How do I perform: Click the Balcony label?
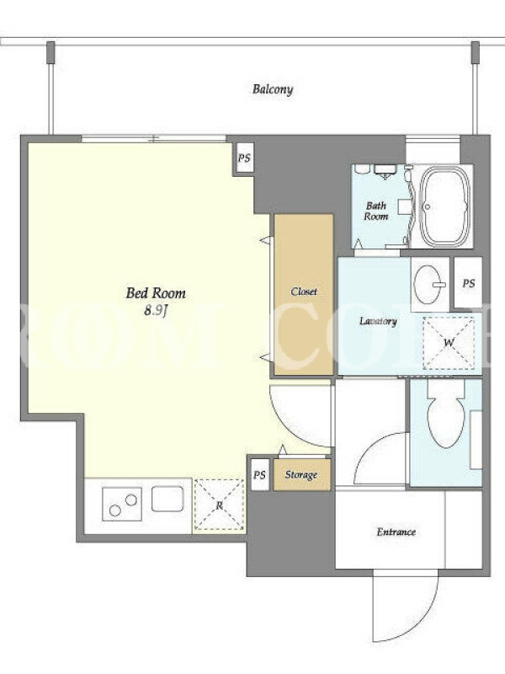(273, 89)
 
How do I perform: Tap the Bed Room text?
(156, 293)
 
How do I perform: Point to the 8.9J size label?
(155, 310)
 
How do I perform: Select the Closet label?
(304, 292)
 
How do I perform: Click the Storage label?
(301, 475)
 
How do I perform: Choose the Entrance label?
(396, 532)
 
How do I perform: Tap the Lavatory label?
(378, 321)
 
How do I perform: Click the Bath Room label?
(375, 211)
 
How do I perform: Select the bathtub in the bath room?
(444, 206)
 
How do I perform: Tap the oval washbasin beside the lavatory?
(428, 284)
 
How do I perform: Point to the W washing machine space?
(449, 343)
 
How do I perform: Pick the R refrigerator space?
(219, 505)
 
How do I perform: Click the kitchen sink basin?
(167, 499)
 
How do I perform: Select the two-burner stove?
(122, 504)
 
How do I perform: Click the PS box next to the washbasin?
(468, 283)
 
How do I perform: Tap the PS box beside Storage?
(259, 475)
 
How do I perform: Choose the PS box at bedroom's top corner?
(244, 158)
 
